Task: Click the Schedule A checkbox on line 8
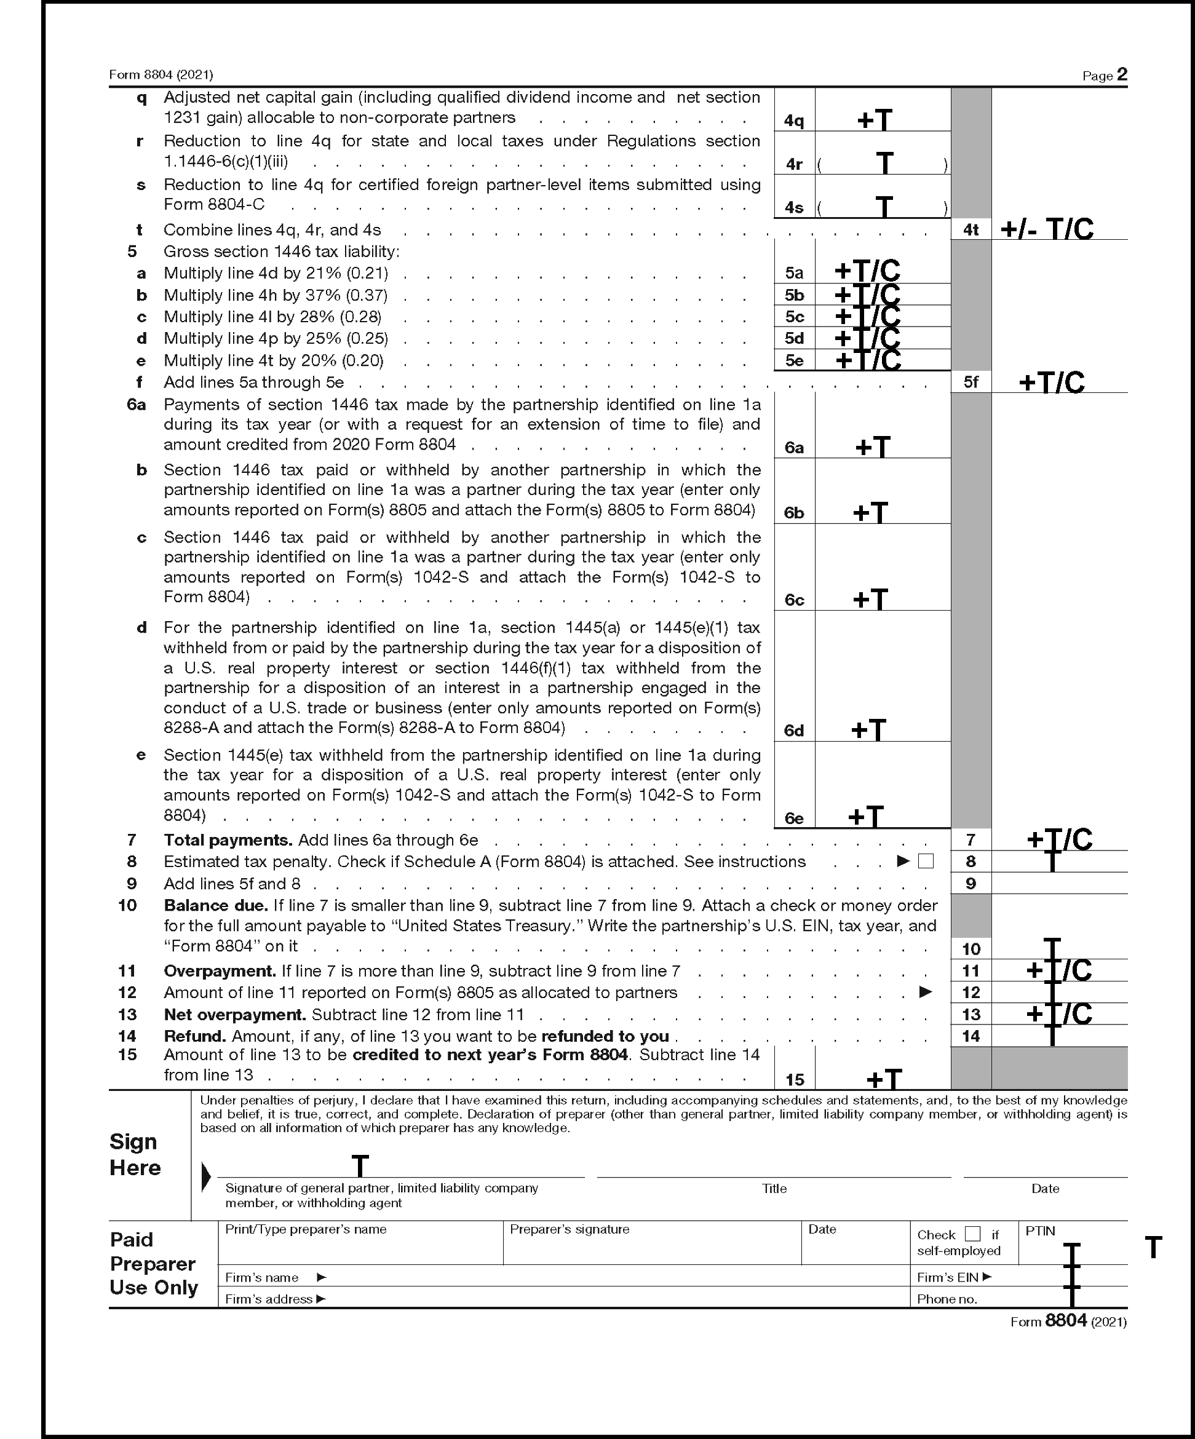(x=926, y=862)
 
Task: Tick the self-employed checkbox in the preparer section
(x=972, y=1234)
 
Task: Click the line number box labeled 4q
(x=794, y=121)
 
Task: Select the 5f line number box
(x=971, y=382)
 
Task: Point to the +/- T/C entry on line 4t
(x=1047, y=229)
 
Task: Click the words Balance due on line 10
(x=215, y=905)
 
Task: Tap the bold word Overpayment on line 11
(x=220, y=971)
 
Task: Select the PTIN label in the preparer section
(x=1040, y=1231)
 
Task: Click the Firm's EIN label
(x=948, y=1277)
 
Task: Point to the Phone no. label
(x=947, y=1299)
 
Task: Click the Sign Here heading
(x=135, y=1155)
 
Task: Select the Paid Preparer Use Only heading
(x=153, y=1264)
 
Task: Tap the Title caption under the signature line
(x=774, y=1189)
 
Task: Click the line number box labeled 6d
(x=794, y=731)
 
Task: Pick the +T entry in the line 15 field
(x=884, y=1079)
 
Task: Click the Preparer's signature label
(x=570, y=1229)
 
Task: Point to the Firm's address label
(x=269, y=1299)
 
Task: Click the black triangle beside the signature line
(x=205, y=1176)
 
